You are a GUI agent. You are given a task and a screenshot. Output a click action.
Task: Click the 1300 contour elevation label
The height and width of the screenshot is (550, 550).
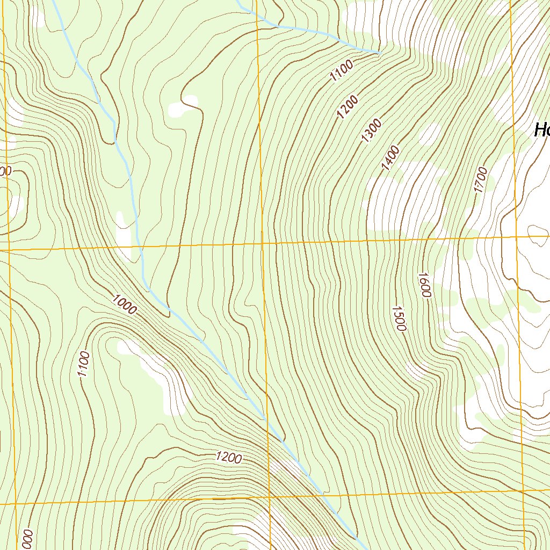(372, 131)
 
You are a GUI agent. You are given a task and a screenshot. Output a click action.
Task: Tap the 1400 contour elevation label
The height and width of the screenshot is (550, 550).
(390, 158)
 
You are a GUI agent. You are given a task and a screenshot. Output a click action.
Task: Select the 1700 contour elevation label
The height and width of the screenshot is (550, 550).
(480, 180)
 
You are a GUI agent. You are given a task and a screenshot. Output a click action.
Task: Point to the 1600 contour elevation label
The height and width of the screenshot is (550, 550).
(424, 285)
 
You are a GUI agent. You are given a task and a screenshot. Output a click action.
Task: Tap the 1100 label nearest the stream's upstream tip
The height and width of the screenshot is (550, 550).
(342, 71)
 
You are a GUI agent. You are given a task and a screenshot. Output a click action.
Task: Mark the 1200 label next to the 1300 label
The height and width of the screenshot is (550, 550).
(348, 106)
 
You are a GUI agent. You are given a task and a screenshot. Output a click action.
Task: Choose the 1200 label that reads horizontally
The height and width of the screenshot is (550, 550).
(229, 458)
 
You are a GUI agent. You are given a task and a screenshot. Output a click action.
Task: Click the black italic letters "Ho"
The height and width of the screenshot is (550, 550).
(541, 130)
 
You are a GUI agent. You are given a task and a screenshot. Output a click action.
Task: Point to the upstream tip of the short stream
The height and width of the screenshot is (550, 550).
(380, 53)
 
